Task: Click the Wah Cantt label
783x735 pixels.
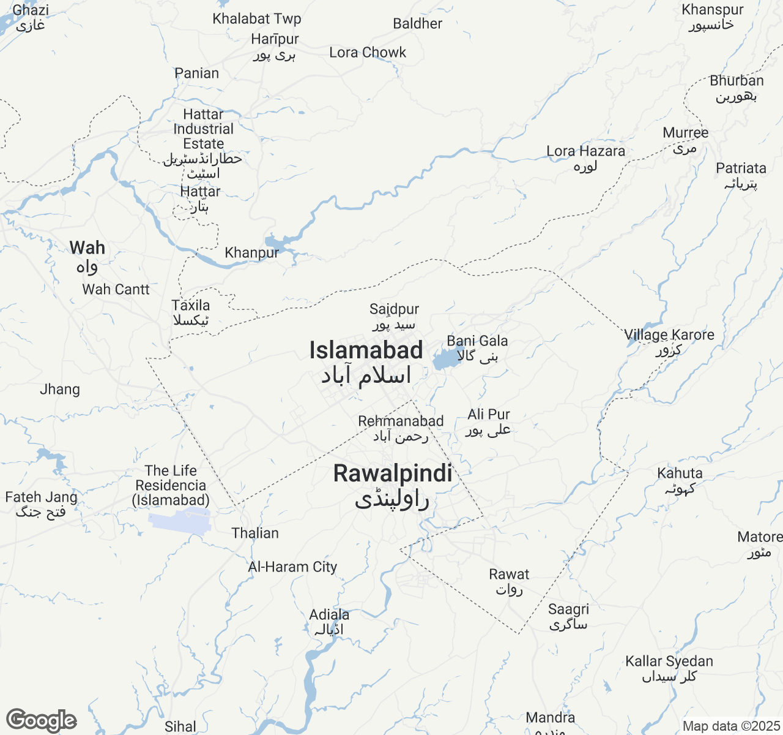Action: coord(116,290)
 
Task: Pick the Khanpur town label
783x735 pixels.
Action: coord(251,253)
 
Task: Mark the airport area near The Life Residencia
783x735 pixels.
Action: coord(180,519)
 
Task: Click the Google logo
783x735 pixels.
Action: coord(41,721)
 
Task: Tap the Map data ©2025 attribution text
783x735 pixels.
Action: coord(731,726)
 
